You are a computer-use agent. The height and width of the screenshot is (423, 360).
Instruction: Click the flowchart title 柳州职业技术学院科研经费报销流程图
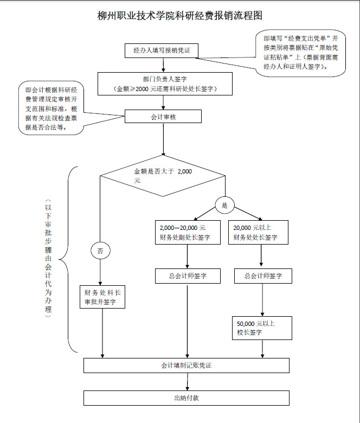coord(179,16)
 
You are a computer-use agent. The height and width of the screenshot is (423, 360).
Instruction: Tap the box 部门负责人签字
coord(165,84)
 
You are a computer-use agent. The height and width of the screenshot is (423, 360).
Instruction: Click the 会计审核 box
coord(163,117)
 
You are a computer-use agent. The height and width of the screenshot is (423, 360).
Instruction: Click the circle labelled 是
coord(224,205)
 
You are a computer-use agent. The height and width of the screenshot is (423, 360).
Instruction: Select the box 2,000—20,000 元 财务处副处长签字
coord(187,232)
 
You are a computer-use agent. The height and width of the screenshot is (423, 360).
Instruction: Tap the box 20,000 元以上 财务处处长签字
coord(258,232)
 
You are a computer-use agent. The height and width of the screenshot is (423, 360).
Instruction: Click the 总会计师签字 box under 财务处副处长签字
coord(187,276)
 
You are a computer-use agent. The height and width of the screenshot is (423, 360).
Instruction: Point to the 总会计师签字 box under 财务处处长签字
coord(262,276)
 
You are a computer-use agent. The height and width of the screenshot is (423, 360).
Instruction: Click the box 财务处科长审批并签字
coord(102,297)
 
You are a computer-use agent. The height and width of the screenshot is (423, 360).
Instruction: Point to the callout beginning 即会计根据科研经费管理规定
coord(52,108)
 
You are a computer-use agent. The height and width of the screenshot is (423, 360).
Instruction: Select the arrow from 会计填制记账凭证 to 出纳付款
coord(187,382)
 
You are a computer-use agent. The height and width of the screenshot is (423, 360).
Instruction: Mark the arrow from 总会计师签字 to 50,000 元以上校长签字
coord(262,300)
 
